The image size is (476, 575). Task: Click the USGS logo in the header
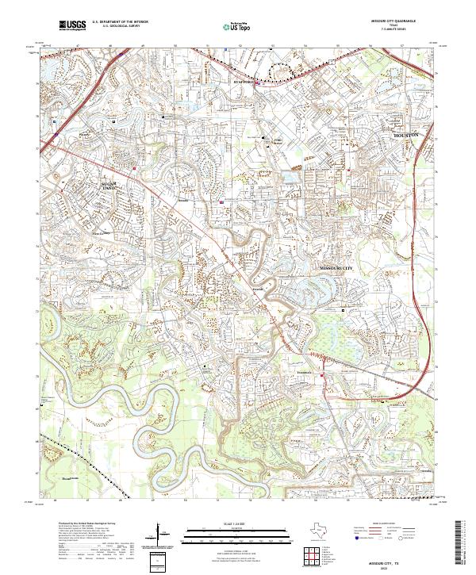point(73,26)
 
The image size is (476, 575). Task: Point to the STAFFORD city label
point(243,82)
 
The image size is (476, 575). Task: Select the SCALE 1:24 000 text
point(227,523)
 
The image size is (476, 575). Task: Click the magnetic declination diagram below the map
point(163,540)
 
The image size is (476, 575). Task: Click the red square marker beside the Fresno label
point(322,375)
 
